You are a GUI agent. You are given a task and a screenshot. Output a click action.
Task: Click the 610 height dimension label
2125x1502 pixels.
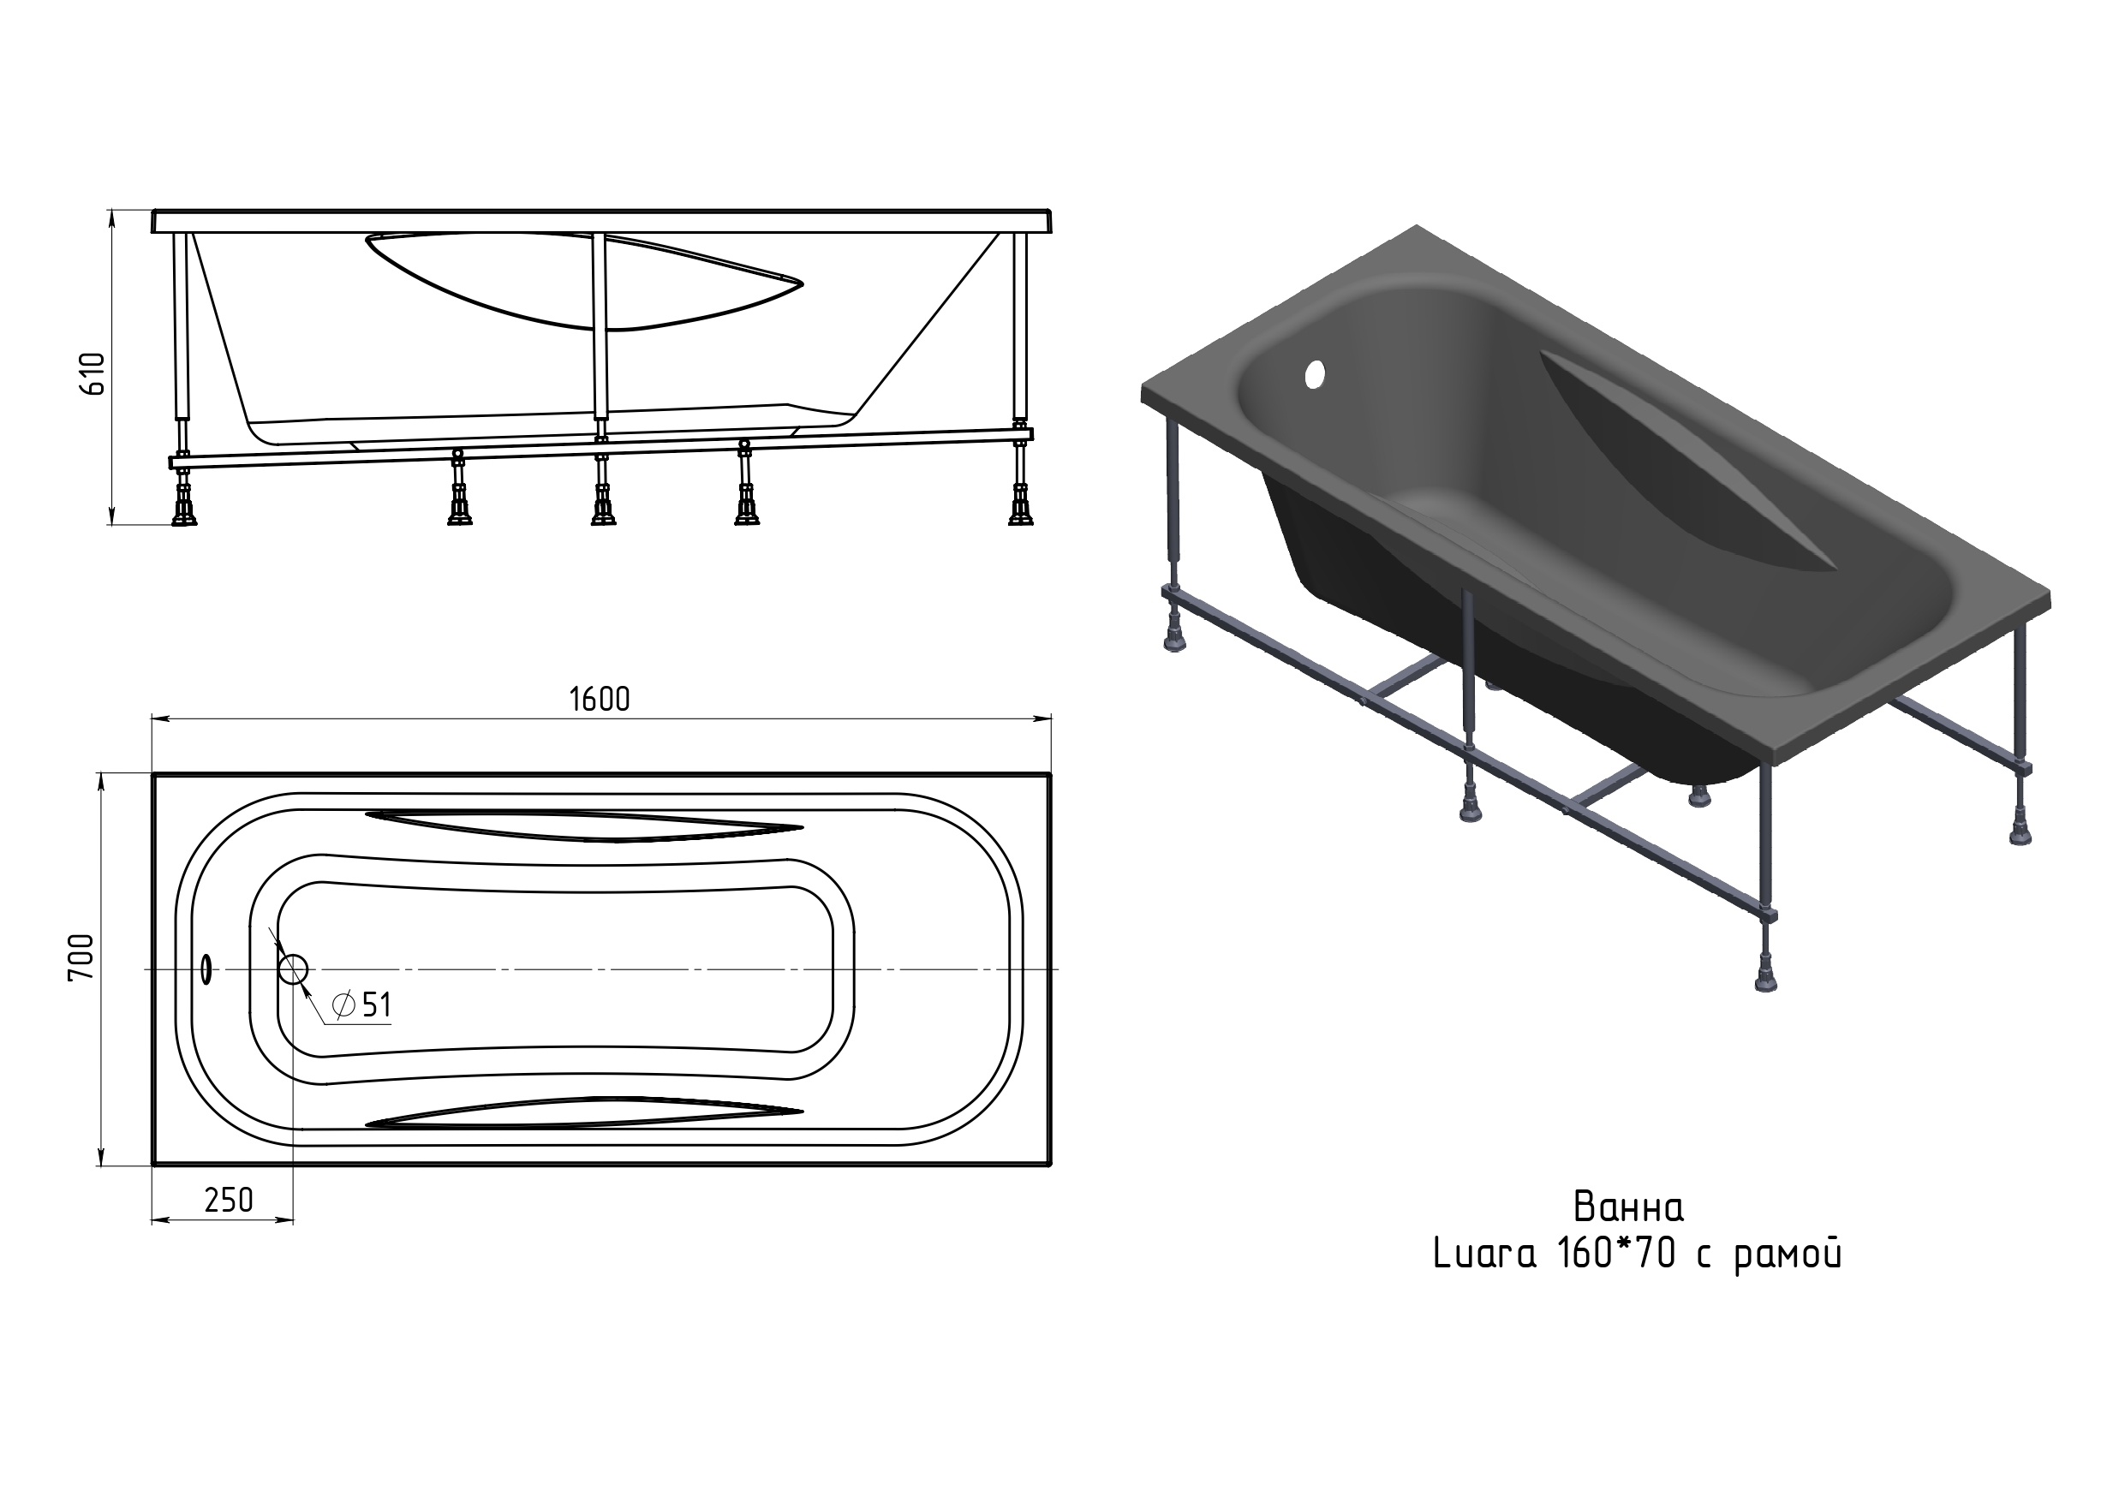click(x=94, y=374)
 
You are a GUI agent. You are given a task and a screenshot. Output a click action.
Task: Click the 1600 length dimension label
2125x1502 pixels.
click(x=600, y=700)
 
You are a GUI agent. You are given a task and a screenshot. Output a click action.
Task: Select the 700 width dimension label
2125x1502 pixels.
click(x=81, y=958)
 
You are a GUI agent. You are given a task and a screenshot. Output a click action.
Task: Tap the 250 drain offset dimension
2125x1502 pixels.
click(x=229, y=1201)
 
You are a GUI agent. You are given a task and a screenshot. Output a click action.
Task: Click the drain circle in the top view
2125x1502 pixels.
click(x=294, y=970)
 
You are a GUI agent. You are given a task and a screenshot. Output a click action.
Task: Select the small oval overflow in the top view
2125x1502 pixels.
click(x=206, y=970)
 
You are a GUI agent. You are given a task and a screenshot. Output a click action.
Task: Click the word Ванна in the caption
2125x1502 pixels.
click(x=1628, y=1207)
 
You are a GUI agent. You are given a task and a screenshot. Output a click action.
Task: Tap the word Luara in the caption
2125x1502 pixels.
click(x=1484, y=1255)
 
